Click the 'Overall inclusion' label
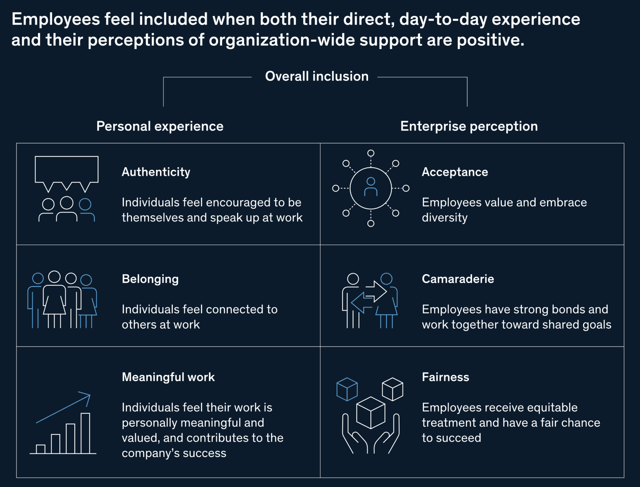[317, 76]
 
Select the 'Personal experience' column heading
[160, 127]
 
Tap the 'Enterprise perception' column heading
[469, 127]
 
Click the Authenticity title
[156, 172]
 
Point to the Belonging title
[150, 279]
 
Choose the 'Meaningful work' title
[168, 377]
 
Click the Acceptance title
[455, 172]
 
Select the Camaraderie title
[458, 279]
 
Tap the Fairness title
[445, 377]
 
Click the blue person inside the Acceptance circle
[371, 187]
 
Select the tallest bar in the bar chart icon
[85, 433]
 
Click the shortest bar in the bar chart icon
[41, 449]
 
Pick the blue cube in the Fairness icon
[347, 389]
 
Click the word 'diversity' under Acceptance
[445, 218]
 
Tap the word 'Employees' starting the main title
[56, 19]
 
